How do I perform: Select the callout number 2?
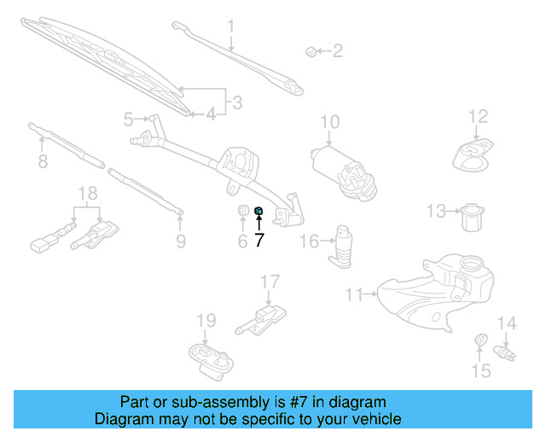(x=337, y=51)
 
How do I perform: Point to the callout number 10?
(x=330, y=122)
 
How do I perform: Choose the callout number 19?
(x=206, y=321)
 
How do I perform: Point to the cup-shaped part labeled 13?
(x=472, y=217)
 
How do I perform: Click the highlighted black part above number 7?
(x=259, y=212)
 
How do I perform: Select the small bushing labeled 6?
(x=241, y=211)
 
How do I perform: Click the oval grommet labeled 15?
(x=479, y=343)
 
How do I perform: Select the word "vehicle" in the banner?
(x=375, y=419)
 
